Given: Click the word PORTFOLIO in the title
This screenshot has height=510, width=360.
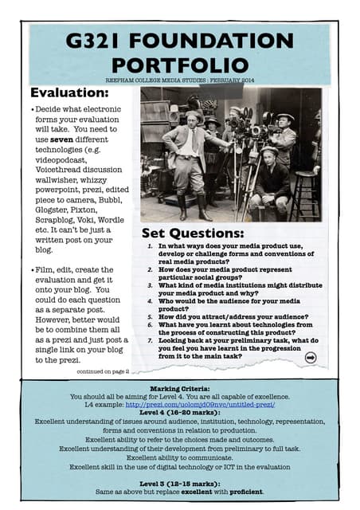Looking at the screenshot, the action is coord(181,64).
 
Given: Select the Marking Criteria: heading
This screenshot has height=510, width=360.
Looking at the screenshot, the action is coord(180,386).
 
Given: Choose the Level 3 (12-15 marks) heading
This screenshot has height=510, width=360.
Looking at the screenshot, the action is coord(179,483).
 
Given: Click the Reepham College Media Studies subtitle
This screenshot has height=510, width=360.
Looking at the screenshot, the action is coord(180,80).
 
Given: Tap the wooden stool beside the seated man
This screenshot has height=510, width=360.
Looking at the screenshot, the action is coord(305,191).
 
